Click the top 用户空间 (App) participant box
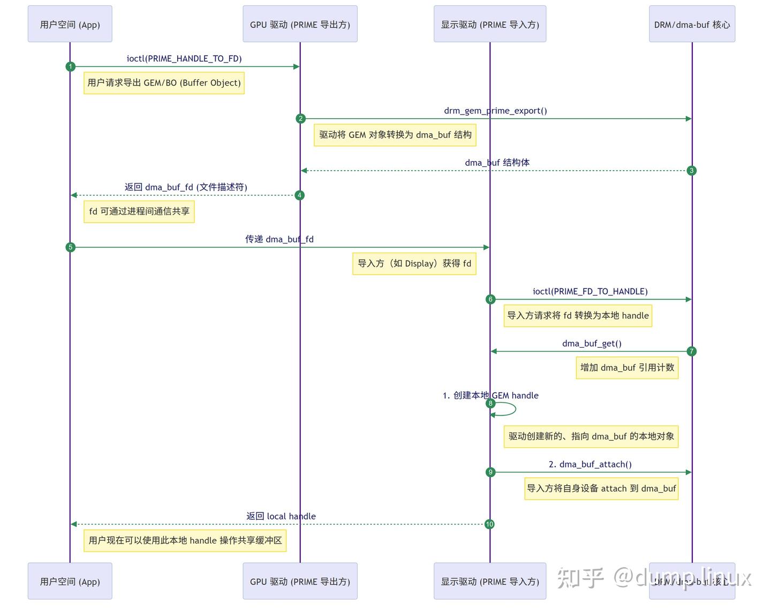[x=70, y=24]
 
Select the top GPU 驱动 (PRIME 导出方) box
[x=300, y=24]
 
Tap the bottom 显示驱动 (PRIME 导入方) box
[x=490, y=582]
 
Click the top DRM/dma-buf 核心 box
[x=692, y=24]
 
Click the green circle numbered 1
[x=70, y=66]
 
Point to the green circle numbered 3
[x=692, y=171]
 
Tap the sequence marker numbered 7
[x=692, y=351]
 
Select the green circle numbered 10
[x=489, y=524]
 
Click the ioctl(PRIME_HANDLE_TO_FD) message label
[x=184, y=58]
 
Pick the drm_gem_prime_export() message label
[x=495, y=111]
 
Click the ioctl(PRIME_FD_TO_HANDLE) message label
[x=590, y=291]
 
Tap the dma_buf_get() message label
[x=592, y=343]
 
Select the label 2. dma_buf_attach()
[x=590, y=464]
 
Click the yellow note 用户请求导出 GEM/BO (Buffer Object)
[x=164, y=83]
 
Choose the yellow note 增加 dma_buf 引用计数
[x=627, y=368]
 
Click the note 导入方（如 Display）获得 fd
[x=414, y=263]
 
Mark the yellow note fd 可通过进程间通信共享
[x=139, y=211]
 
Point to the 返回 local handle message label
[x=281, y=516]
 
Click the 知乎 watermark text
[x=581, y=578]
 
